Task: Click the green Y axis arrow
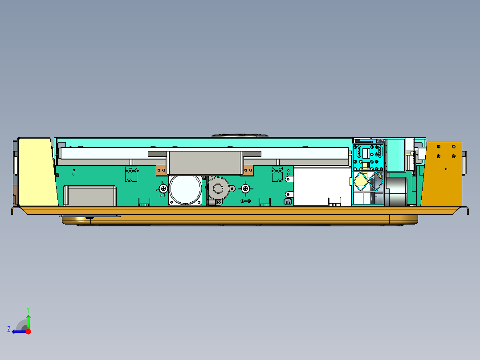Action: pos(28,320)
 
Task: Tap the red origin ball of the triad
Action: pos(28,331)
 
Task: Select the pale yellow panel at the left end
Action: pos(36,172)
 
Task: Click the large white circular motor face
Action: pos(185,189)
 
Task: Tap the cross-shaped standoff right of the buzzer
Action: pos(245,189)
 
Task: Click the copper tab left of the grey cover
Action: pos(160,170)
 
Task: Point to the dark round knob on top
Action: pos(240,134)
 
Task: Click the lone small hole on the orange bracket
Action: pos(446,169)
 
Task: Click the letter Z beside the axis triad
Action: pos(9,329)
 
